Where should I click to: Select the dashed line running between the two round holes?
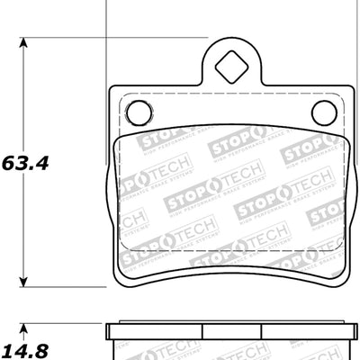[x=230, y=97]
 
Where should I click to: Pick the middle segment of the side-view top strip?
[x=230, y=326]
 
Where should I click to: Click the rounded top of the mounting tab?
[x=230, y=41]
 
